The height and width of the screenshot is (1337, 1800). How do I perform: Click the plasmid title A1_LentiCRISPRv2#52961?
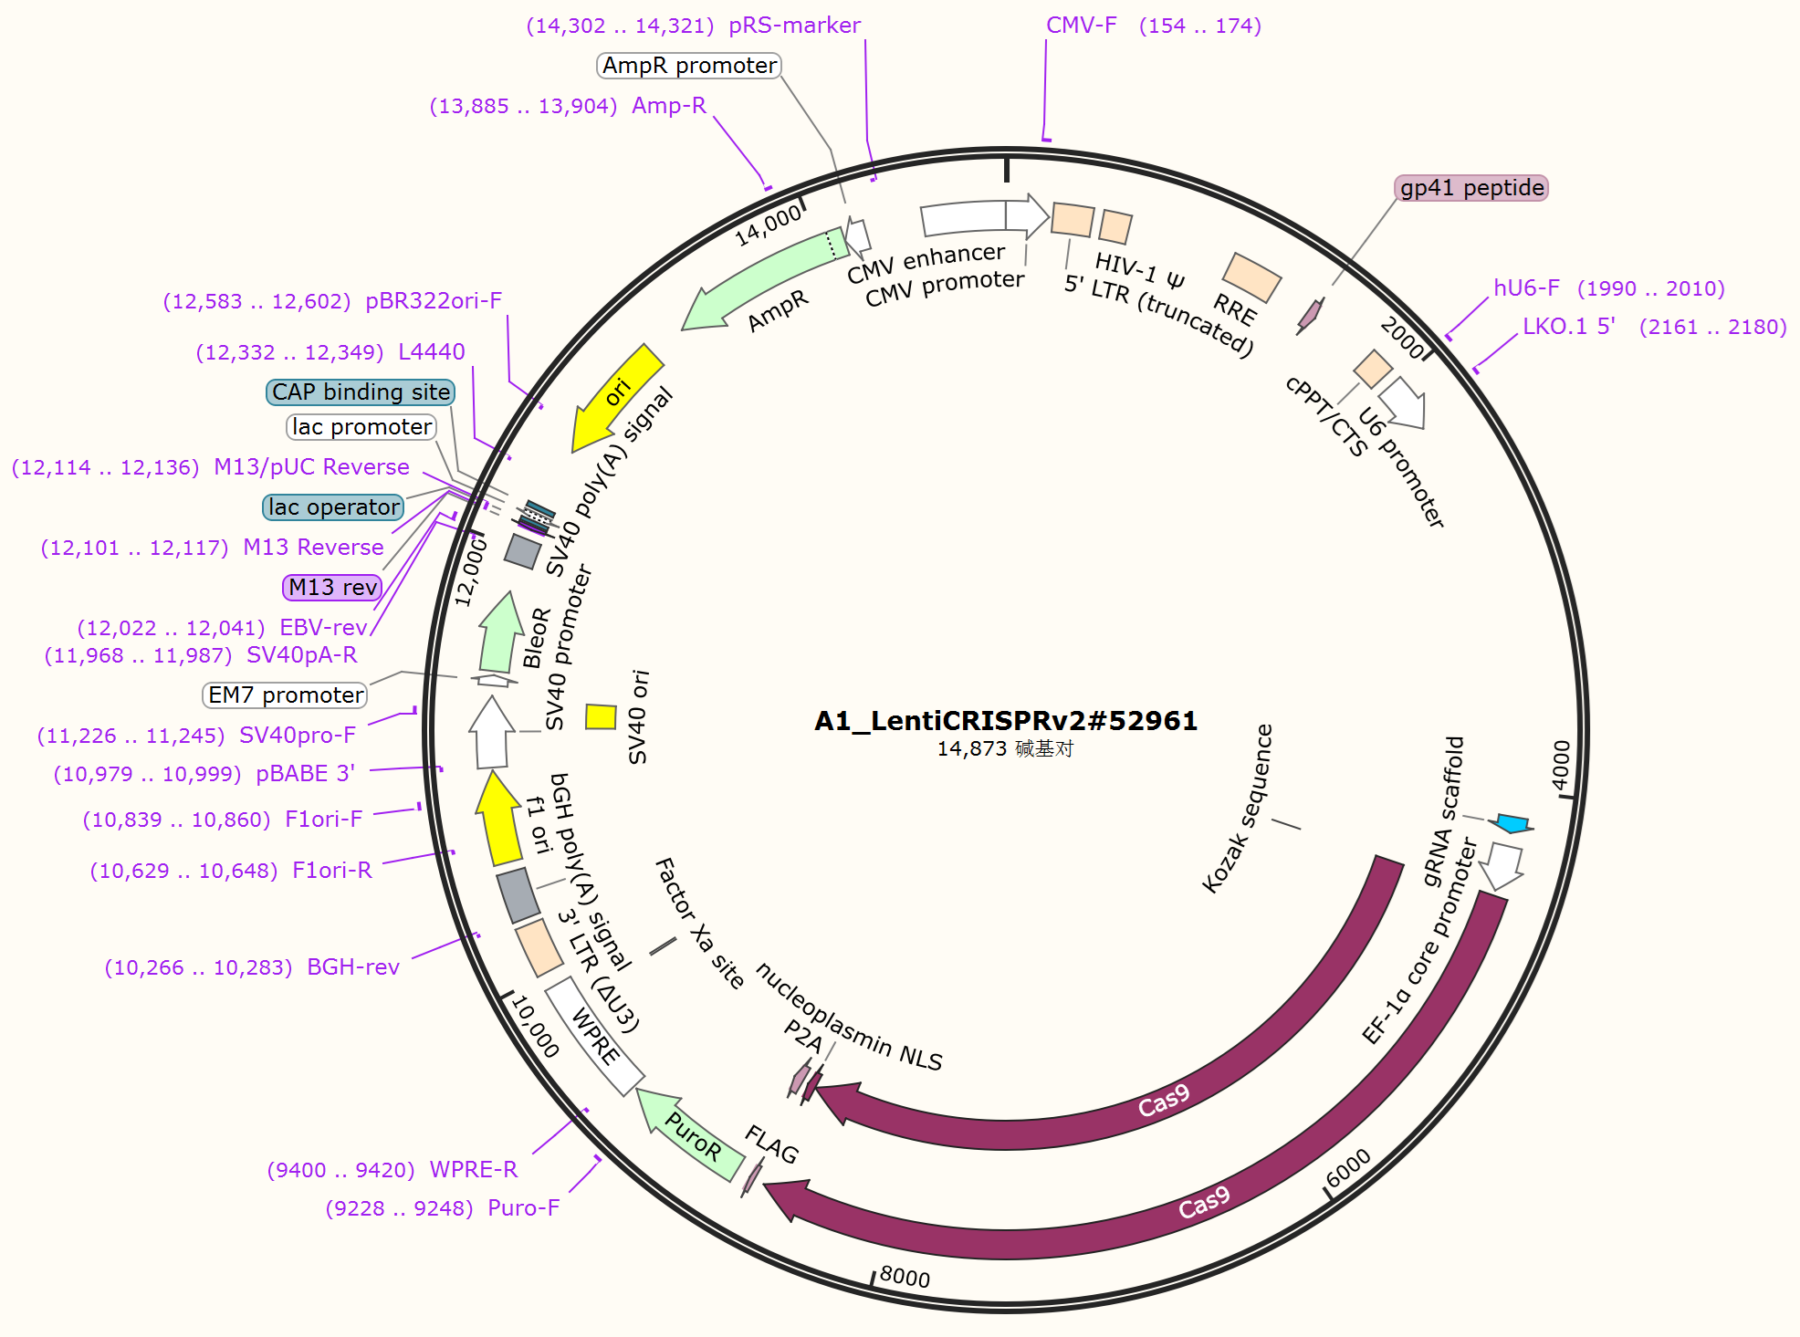[x=1006, y=721]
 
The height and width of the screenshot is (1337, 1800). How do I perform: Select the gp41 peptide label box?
[x=1471, y=188]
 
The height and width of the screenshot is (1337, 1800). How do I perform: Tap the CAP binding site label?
[x=361, y=392]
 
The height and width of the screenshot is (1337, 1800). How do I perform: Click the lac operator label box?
[x=333, y=507]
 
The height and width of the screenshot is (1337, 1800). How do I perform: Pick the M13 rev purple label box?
[x=332, y=587]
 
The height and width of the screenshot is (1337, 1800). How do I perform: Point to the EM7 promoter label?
[x=285, y=695]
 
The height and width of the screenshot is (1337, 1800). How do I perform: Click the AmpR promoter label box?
[x=689, y=66]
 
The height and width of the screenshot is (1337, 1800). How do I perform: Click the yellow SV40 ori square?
[x=601, y=717]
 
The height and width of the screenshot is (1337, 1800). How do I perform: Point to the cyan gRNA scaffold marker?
[x=1512, y=823]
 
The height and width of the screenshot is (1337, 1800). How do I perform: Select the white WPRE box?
[x=594, y=1035]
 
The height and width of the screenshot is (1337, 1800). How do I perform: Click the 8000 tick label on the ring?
[x=905, y=1277]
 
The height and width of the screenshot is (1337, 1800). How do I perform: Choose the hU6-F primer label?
[x=1526, y=288]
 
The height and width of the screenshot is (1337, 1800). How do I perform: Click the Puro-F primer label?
[x=523, y=1208]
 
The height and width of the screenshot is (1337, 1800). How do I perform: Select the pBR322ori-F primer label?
[x=434, y=301]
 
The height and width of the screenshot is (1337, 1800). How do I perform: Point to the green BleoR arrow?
[x=498, y=633]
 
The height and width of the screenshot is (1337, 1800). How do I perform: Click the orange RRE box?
[x=1251, y=277]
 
